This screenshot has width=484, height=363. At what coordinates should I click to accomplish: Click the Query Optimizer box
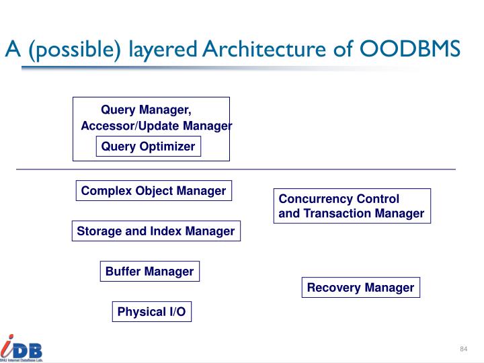point(148,147)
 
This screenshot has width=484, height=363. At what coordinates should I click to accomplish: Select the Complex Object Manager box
point(153,191)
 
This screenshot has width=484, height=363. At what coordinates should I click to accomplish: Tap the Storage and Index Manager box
point(155,231)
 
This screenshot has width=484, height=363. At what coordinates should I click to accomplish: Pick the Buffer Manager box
point(149,272)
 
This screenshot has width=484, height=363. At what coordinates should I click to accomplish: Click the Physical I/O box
point(151,312)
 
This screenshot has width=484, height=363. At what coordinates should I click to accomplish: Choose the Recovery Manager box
point(360,288)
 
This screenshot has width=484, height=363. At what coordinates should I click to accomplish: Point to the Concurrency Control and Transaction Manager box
point(351,206)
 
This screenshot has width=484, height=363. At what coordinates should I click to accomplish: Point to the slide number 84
point(463,349)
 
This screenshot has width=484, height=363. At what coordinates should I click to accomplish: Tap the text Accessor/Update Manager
point(156,126)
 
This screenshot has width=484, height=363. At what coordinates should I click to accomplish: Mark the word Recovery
point(333,288)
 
